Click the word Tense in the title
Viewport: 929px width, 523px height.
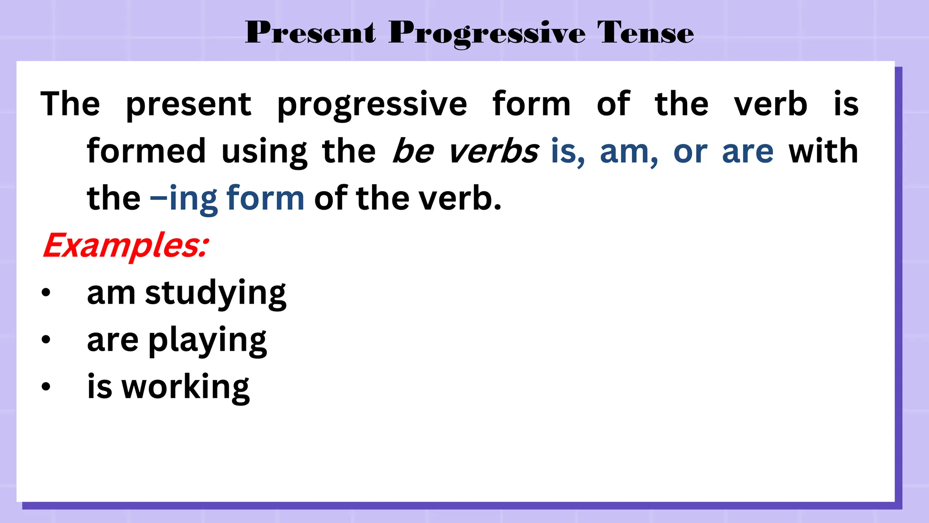click(x=645, y=33)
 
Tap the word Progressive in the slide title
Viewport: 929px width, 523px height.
click(x=487, y=34)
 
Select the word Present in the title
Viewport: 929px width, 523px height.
click(x=311, y=33)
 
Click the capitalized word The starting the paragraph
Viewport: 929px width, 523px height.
click(x=70, y=104)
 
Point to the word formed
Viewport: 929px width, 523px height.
click(x=146, y=151)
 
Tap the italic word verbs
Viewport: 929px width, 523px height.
click(x=493, y=151)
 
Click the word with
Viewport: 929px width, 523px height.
click(x=823, y=151)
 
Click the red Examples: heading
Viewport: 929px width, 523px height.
click(x=126, y=246)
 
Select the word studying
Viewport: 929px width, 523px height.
click(x=215, y=294)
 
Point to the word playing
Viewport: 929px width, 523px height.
click(x=207, y=341)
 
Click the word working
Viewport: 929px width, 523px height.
click(x=186, y=388)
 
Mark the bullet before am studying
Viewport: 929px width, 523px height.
click(x=46, y=293)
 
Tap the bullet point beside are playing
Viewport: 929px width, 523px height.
click(x=46, y=340)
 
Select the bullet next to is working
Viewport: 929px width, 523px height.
click(x=46, y=387)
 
